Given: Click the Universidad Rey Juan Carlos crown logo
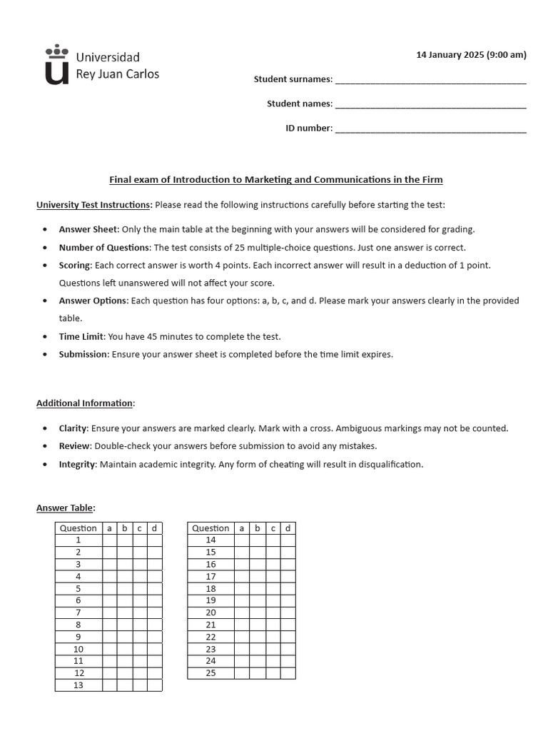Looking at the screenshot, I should (57, 65).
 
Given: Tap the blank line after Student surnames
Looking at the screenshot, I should (430, 80).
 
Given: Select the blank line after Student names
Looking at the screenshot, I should (430, 104).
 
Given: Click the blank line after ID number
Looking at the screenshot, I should (430, 129).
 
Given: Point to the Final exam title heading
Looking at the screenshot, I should (275, 180).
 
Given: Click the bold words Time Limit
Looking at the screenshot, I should (81, 336).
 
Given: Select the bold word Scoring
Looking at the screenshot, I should (75, 265).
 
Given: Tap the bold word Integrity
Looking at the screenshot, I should (77, 464).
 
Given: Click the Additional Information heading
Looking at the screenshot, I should (85, 403).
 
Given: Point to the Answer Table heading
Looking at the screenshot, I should (65, 508).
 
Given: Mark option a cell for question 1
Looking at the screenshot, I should (110, 540).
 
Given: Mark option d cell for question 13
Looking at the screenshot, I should (155, 685).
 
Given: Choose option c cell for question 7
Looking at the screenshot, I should (140, 612).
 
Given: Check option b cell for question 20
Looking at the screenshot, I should (258, 612).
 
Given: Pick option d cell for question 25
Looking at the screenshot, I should (288, 673).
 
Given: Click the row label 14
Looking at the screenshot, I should (210, 540).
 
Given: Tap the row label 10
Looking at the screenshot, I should (78, 649).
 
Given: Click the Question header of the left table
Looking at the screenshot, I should (78, 528).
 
